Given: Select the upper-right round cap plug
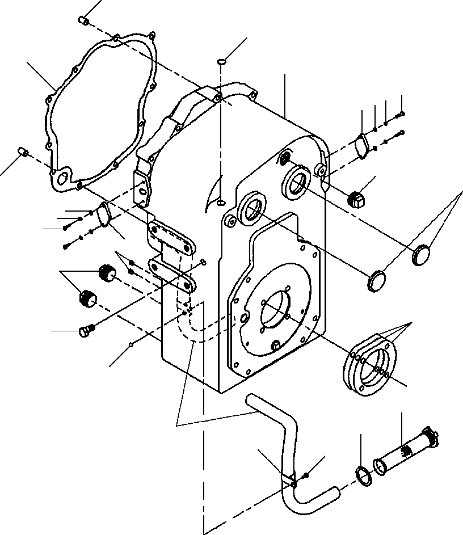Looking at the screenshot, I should point(422,255).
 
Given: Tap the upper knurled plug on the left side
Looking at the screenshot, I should point(106,272).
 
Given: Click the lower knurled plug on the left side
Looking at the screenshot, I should point(87,297).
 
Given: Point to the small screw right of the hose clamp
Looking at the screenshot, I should point(306,474).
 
